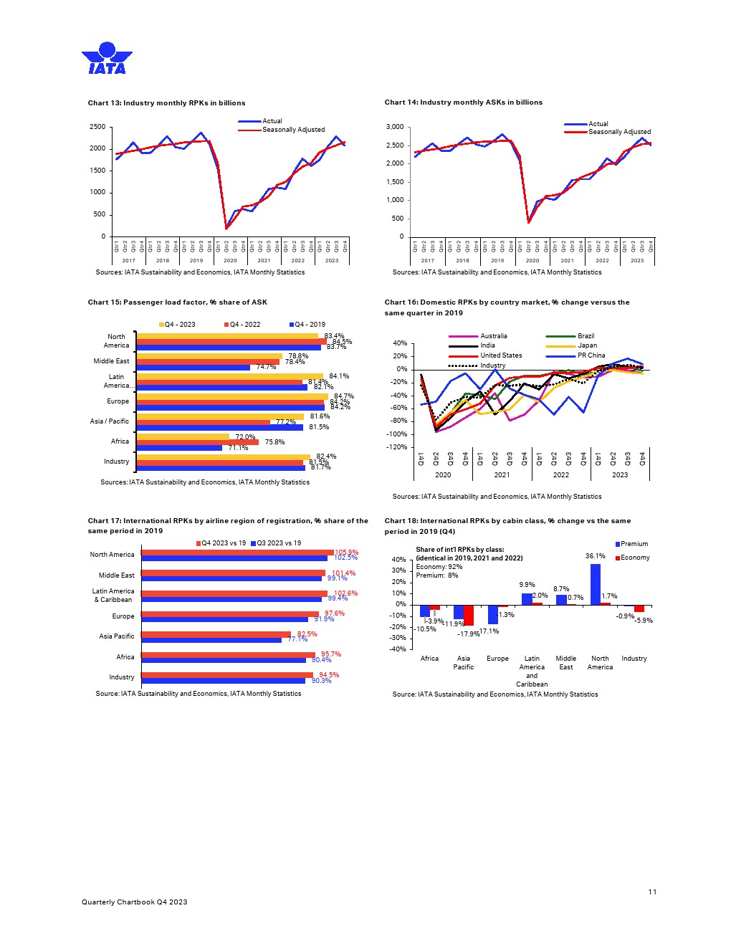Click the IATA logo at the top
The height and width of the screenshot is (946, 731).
tap(107, 59)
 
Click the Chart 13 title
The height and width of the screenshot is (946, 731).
tap(166, 103)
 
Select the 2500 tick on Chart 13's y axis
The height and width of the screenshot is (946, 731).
tap(97, 127)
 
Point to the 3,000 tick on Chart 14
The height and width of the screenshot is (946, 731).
tap(395, 127)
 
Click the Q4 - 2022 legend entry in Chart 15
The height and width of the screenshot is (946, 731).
tap(244, 325)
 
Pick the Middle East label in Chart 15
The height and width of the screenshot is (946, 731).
tap(111, 361)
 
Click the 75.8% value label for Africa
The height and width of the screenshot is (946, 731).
tap(274, 442)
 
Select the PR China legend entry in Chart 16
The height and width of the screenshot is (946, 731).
tap(591, 355)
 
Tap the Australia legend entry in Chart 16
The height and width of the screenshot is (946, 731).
tap(493, 336)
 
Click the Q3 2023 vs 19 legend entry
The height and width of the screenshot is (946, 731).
tap(276, 543)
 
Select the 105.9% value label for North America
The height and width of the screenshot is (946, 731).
tap(346, 552)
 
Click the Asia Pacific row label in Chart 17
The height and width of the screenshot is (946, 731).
tap(116, 636)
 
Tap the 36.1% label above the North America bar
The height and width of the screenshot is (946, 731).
tap(595, 556)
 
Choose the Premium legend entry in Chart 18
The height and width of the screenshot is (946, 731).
tap(634, 544)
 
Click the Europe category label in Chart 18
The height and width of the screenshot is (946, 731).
tap(497, 659)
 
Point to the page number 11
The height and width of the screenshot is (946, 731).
tap(652, 892)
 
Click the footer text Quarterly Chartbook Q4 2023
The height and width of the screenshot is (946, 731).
tap(134, 902)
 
